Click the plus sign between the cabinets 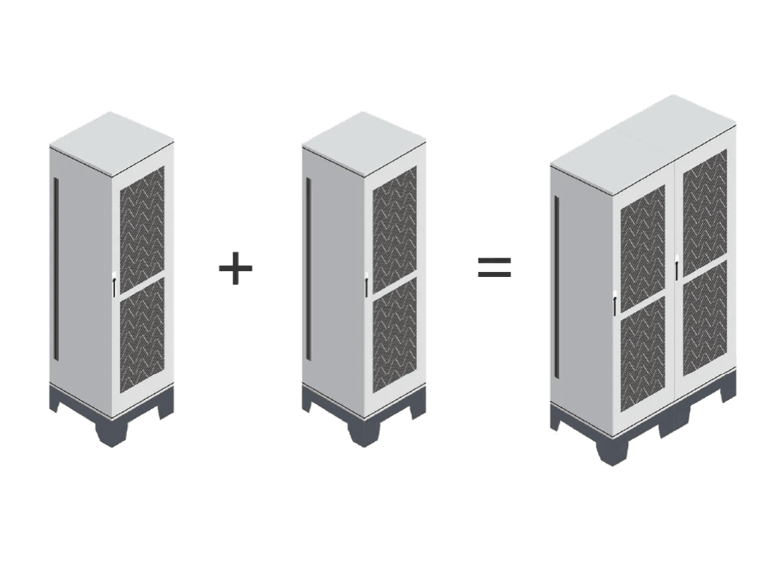coord(235,268)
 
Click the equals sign coord(495,267)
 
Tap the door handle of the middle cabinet coord(366,285)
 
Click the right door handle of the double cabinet coord(677,268)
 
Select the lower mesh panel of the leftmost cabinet coord(141,334)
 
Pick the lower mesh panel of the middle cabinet coord(393,334)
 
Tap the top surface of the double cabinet coord(642,143)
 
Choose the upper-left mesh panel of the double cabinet coord(642,251)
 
